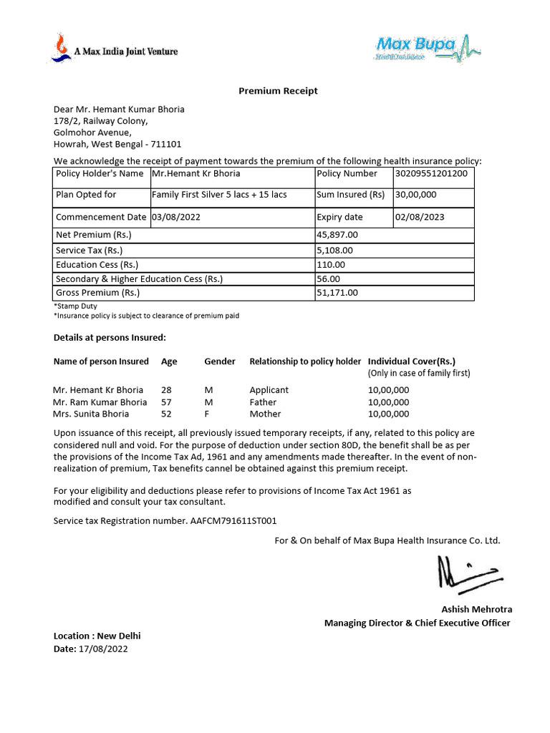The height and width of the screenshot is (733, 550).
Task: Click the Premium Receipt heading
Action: point(278,91)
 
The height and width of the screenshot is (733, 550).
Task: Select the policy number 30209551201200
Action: point(431,173)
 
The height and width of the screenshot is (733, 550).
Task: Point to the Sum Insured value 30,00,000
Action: point(415,195)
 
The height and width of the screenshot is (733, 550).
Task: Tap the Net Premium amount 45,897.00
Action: point(337,235)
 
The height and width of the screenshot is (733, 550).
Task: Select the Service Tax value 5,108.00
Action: point(334,251)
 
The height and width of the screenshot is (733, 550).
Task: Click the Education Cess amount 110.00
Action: point(330,265)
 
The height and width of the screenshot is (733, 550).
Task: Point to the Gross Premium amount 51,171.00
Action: point(337,293)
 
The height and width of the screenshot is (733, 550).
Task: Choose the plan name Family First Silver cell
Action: point(219,195)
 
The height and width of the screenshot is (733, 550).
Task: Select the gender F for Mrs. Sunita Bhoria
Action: point(207,414)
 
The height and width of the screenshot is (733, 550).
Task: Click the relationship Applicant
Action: point(269,390)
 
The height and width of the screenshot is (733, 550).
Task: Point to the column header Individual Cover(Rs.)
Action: point(411,361)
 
